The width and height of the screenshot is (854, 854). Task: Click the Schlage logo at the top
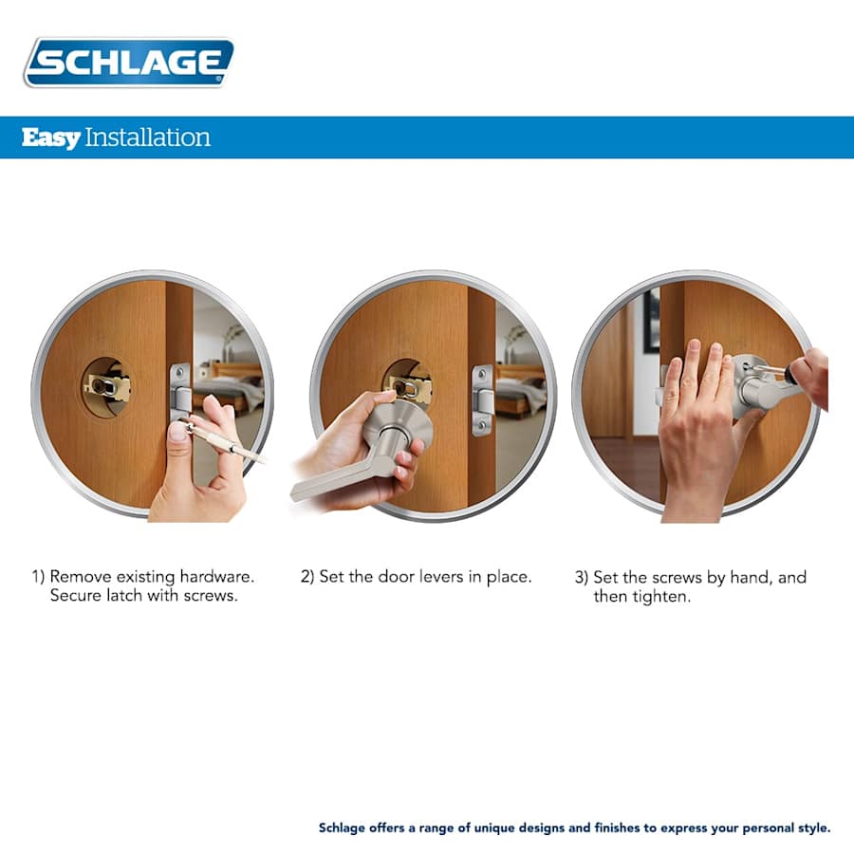pos(128,63)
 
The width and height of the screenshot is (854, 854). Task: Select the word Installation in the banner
pos(147,138)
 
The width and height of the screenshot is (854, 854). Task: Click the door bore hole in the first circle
pos(105,386)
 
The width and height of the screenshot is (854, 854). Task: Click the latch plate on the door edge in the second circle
pos(482,399)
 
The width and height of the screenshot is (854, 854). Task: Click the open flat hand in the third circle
pos(697,418)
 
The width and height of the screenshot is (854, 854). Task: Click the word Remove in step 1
pos(81,577)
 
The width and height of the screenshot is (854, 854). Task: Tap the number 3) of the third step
pos(582,577)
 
